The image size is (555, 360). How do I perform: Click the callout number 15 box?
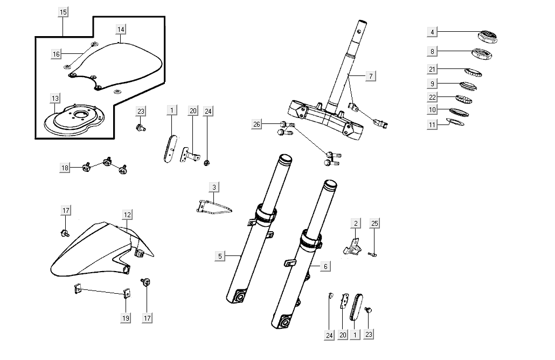(x=63, y=12)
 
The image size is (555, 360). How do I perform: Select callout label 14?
(x=120, y=29)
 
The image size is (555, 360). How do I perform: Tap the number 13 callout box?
(x=55, y=98)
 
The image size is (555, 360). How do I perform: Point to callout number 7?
(x=370, y=76)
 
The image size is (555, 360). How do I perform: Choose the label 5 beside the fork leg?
(x=219, y=256)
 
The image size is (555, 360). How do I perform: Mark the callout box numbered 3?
(x=214, y=188)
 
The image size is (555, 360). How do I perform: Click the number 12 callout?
(x=127, y=214)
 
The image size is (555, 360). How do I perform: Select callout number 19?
(x=125, y=318)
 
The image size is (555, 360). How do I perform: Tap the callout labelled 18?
(x=65, y=168)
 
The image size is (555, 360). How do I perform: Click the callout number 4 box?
(x=432, y=32)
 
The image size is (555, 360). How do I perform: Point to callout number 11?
(x=432, y=124)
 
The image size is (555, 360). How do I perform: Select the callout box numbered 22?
(x=432, y=97)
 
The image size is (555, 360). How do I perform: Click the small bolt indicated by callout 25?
(x=372, y=254)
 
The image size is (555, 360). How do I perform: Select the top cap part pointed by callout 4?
(x=488, y=37)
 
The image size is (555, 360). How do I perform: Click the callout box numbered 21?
(x=432, y=69)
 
